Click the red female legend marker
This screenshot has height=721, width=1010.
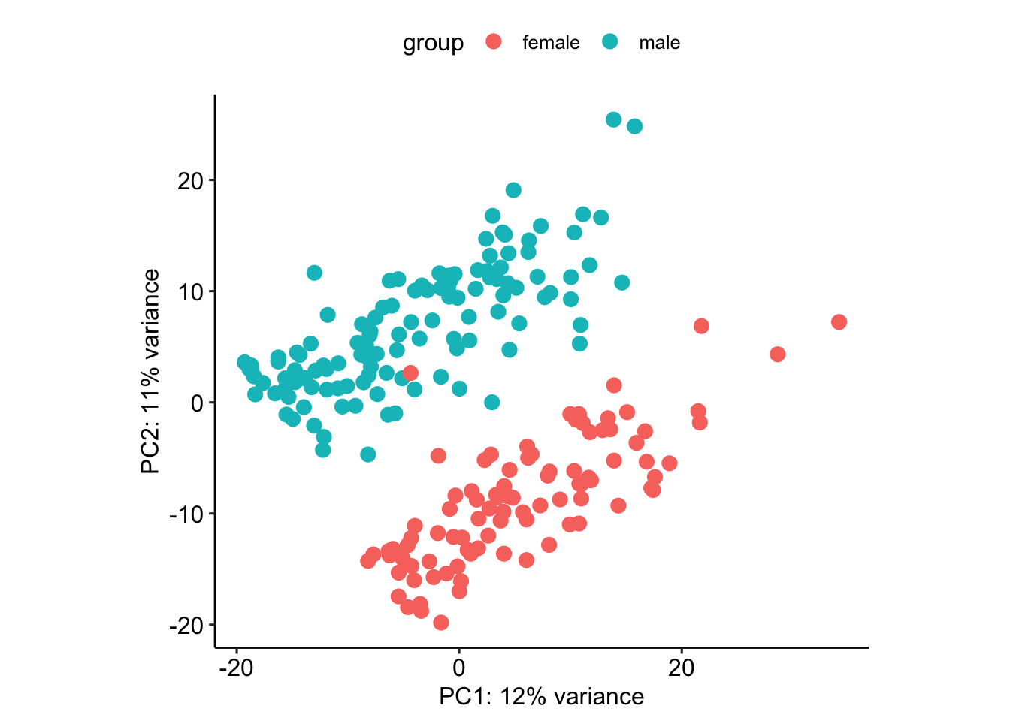click(494, 41)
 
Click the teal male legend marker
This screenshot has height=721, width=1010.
click(609, 41)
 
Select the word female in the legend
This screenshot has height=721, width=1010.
click(551, 43)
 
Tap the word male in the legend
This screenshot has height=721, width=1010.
click(659, 43)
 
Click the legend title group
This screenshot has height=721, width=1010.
click(433, 43)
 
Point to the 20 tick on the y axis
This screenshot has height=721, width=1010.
click(190, 180)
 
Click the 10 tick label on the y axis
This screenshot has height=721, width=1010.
click(190, 291)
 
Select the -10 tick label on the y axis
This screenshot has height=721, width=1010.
click(186, 514)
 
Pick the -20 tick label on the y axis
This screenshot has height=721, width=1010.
click(186, 625)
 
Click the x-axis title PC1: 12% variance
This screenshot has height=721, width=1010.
click(541, 697)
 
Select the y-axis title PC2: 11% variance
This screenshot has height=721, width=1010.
click(151, 372)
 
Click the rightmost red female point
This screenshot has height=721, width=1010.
click(839, 322)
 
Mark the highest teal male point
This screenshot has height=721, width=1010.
click(613, 119)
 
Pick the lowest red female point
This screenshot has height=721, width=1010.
click(441, 623)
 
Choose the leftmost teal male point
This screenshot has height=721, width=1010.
click(244, 363)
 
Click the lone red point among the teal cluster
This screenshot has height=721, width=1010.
click(410, 373)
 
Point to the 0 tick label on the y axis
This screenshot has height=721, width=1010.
click(198, 403)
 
